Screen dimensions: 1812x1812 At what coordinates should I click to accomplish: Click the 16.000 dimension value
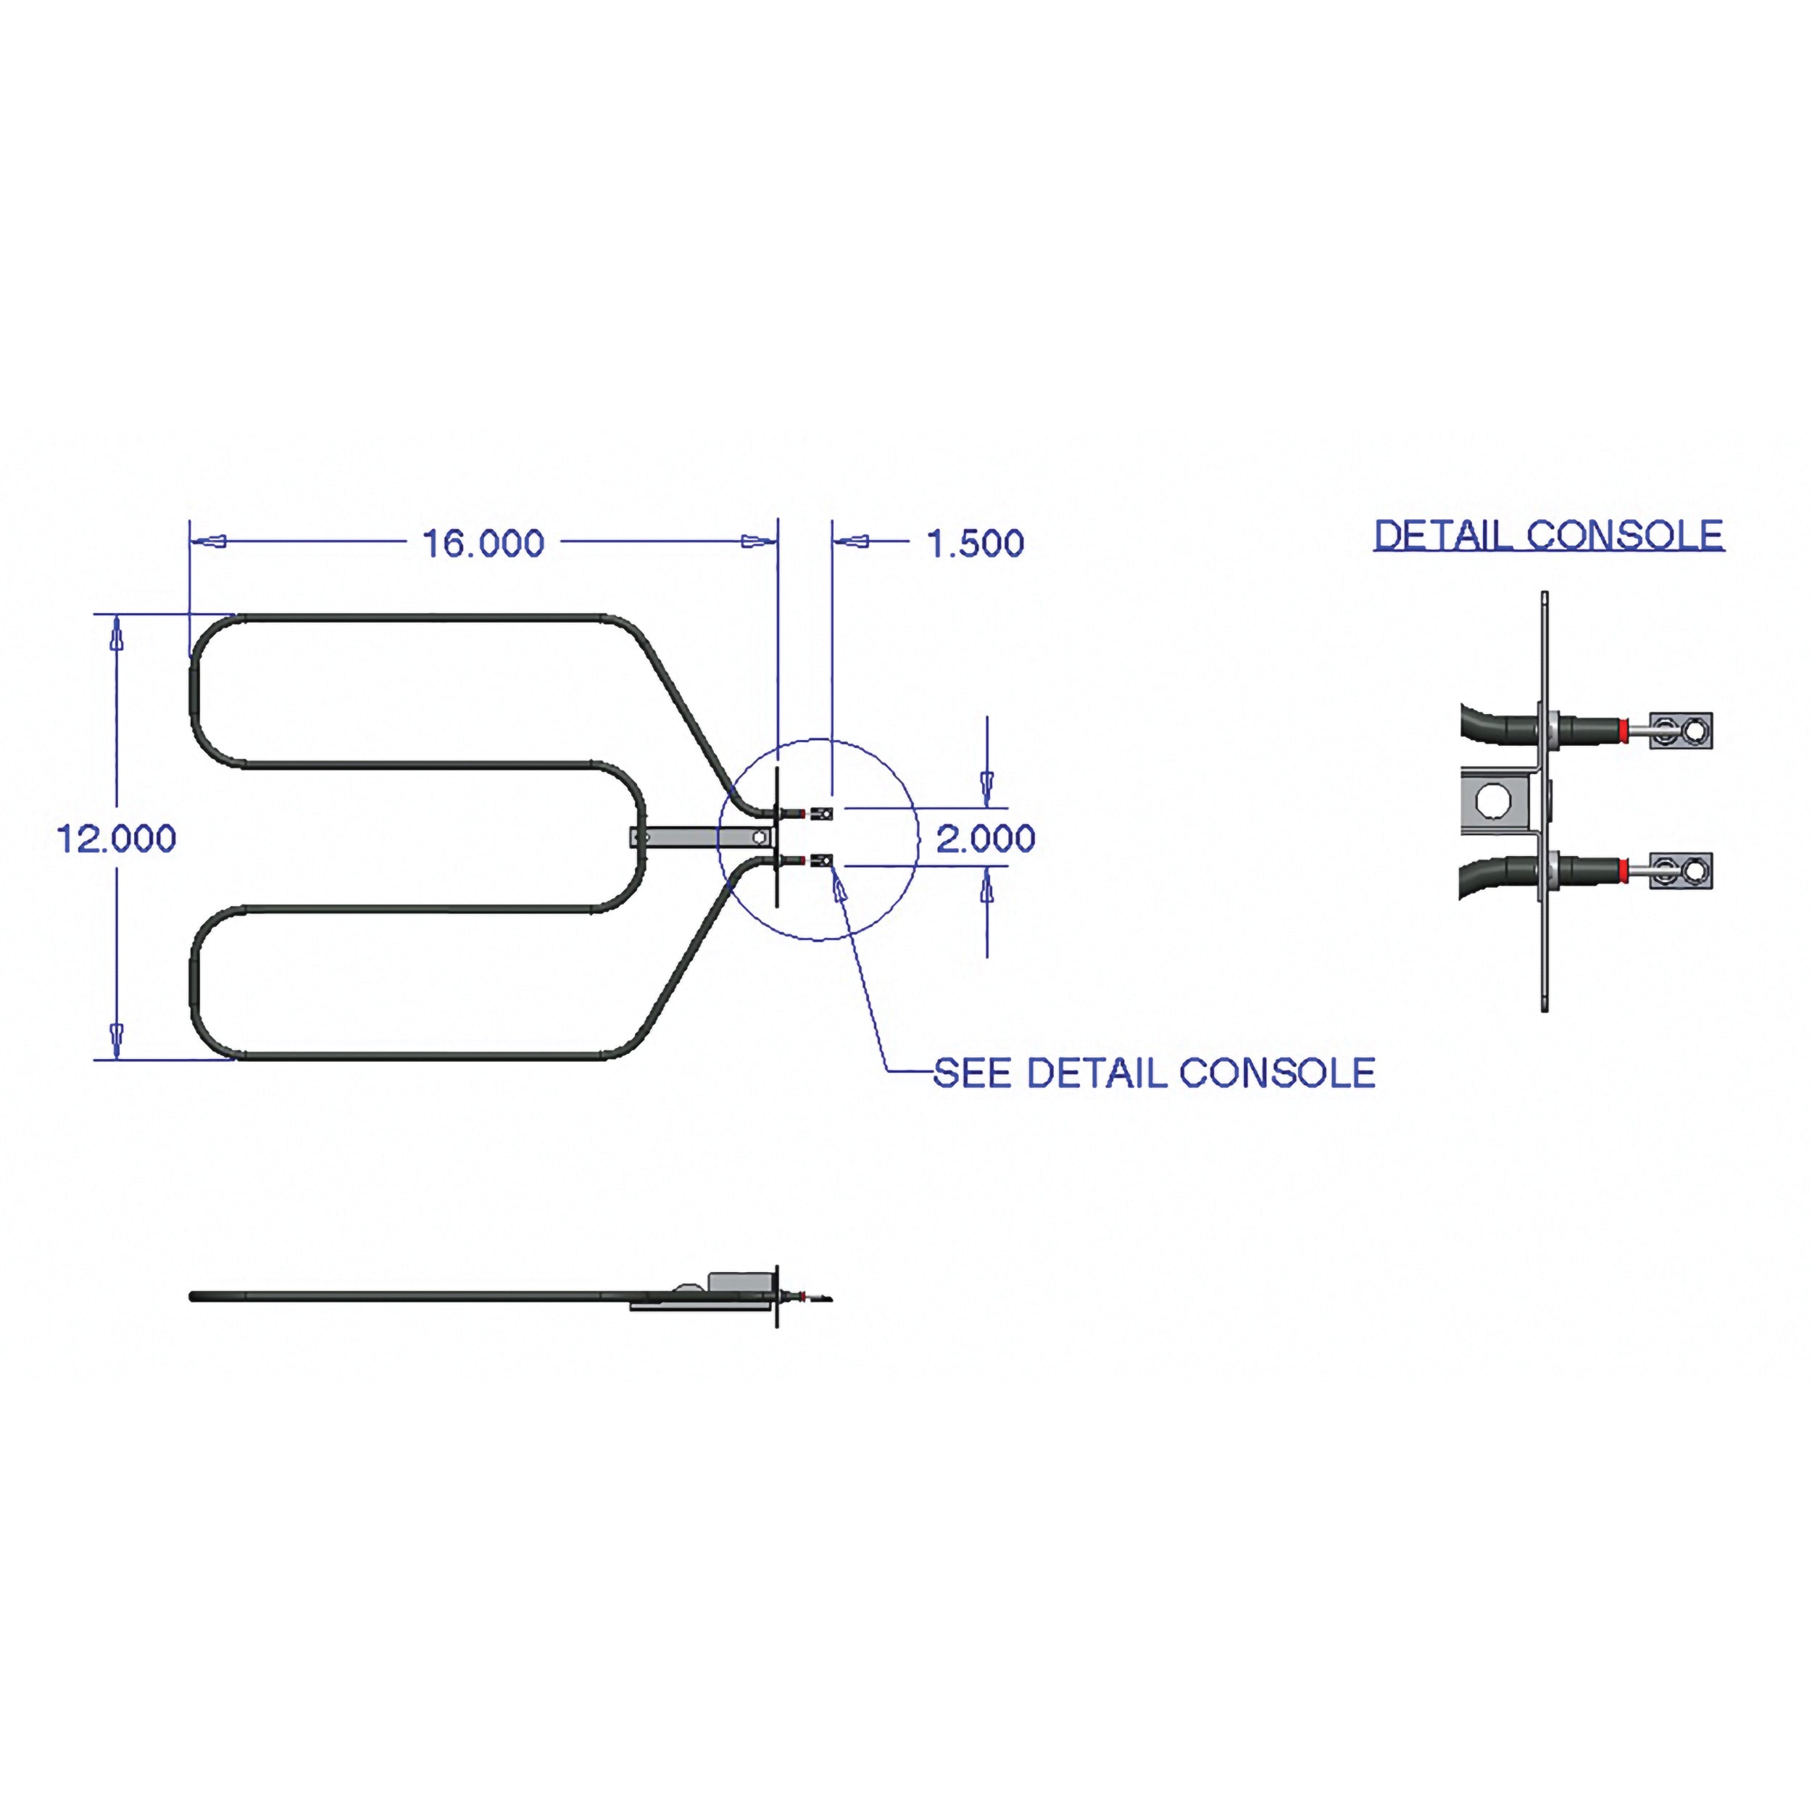(483, 543)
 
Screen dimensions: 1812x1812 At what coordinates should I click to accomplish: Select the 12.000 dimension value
(116, 839)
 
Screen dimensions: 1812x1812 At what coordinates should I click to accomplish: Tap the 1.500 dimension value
(976, 543)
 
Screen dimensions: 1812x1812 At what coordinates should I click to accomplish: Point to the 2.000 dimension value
(986, 839)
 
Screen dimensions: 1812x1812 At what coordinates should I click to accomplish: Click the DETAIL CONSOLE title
(1548, 536)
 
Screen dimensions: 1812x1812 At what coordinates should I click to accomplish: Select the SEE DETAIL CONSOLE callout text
(1155, 1073)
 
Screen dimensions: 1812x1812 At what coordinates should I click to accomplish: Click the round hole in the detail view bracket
(1492, 800)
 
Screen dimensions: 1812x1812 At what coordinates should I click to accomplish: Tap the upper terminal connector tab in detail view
(1682, 731)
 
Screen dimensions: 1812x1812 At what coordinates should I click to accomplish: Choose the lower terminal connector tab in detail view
(1682, 871)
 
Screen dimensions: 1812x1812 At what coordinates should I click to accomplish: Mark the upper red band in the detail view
(1624, 731)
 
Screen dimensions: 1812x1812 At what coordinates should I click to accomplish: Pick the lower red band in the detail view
(1624, 871)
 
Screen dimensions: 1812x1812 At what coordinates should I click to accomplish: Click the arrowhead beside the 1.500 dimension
(851, 541)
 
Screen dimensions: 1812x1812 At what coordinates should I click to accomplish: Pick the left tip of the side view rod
(191, 1297)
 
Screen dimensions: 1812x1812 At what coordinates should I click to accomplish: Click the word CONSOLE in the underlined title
(1624, 536)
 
